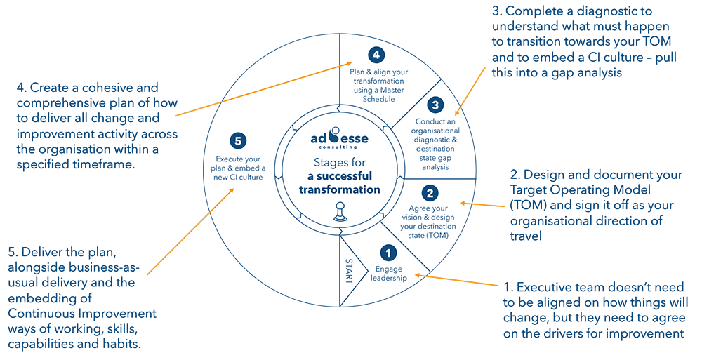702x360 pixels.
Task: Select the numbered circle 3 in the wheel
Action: (x=435, y=105)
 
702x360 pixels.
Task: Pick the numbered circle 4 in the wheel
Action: (x=378, y=55)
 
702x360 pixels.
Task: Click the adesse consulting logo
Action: (x=339, y=139)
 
